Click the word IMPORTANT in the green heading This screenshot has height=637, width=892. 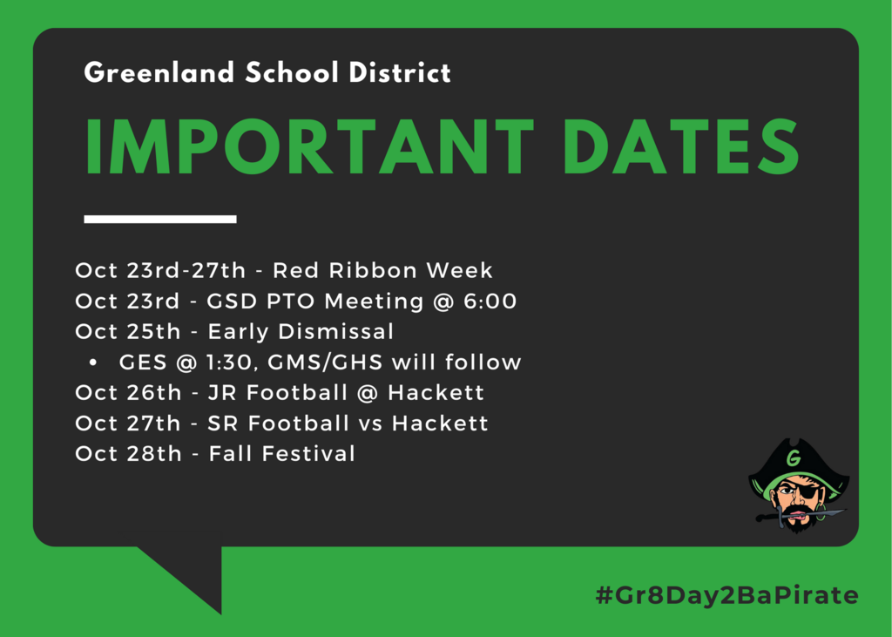pos(310,147)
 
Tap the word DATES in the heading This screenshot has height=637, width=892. pos(681,147)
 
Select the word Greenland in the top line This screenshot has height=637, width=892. pos(159,72)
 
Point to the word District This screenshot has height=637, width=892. pos(400,72)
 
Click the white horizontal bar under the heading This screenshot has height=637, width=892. pos(160,220)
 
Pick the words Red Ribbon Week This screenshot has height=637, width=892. pos(382,270)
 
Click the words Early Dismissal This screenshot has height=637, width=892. pos(301,332)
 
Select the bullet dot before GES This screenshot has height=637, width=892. pos(93,363)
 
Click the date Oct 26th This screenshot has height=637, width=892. pos(128,393)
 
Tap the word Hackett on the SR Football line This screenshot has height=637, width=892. pos(440,424)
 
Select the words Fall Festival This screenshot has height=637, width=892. pos(281,454)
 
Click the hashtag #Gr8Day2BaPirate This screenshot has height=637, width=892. pos(727,595)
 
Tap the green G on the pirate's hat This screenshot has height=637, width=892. pos(793,457)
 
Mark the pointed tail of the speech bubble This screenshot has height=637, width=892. pos(220,613)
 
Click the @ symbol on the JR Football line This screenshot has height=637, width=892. pos(367,393)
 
